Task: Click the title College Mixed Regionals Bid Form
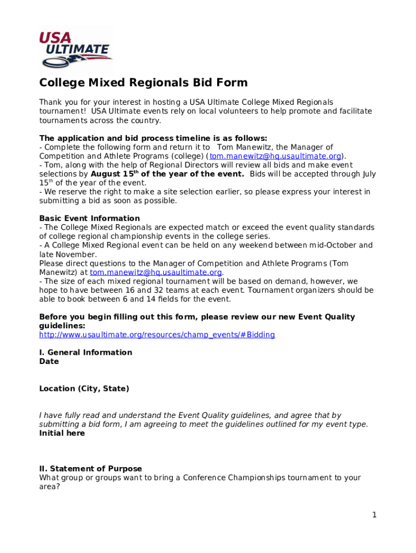click(143, 83)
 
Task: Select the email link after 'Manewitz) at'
click(156, 272)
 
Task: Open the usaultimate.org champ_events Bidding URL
click(157, 335)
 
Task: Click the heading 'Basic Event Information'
click(89, 219)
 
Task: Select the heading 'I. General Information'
click(85, 353)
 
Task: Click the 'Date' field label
click(49, 362)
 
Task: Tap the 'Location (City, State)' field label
click(84, 389)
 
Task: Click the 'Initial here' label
click(62, 433)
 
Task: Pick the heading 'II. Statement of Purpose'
click(90, 469)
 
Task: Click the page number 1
click(374, 515)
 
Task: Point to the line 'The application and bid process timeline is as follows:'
click(153, 138)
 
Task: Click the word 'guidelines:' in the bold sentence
click(62, 326)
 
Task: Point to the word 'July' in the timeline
click(369, 174)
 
